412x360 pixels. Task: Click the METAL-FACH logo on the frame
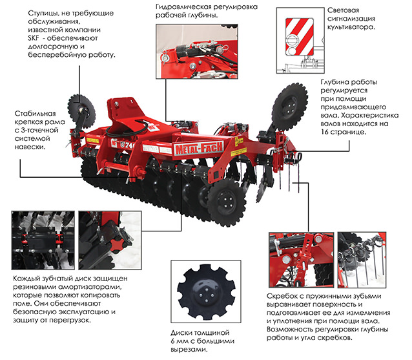[199, 149]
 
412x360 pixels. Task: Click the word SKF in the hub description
[34, 38]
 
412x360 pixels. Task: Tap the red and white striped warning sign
[300, 37]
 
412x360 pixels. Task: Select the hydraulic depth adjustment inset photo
[197, 52]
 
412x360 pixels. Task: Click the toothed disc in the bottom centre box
[206, 292]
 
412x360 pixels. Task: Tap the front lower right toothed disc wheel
[226, 202]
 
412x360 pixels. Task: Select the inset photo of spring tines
[362, 260]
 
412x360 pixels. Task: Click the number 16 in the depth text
[325, 132]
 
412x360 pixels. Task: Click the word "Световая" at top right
[343, 10]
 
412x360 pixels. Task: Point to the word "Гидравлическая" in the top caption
[183, 7]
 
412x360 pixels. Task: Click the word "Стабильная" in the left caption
[36, 114]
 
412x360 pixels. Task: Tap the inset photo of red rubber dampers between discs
[43, 240]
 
